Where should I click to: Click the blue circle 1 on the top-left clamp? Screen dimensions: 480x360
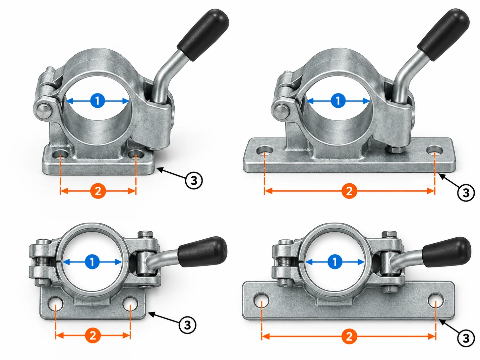(x=97, y=101)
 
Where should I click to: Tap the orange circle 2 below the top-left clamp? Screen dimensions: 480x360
(x=98, y=191)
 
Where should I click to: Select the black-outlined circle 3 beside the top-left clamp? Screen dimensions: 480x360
(x=194, y=181)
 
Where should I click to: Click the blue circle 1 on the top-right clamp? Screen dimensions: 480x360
(x=338, y=101)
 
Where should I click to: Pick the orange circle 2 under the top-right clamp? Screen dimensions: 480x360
(x=349, y=191)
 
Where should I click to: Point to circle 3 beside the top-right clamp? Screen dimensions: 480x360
(x=466, y=193)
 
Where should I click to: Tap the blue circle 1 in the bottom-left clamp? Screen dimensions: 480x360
(x=92, y=262)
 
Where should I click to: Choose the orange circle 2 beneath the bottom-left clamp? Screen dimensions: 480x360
(x=93, y=335)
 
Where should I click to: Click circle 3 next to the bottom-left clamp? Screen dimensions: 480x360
(x=188, y=325)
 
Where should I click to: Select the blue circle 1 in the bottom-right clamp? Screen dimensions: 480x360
(x=335, y=262)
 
